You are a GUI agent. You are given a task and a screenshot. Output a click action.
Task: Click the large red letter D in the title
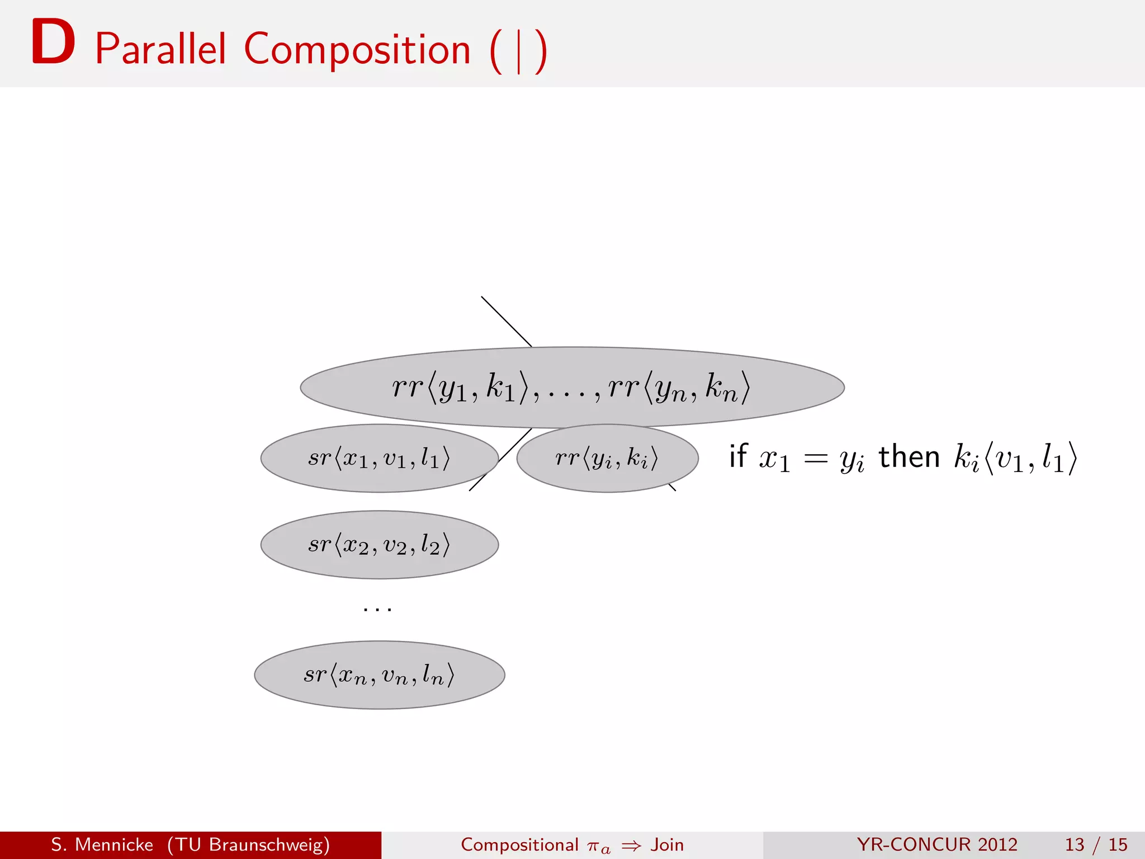pos(53,43)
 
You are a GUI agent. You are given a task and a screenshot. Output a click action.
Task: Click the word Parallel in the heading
pos(160,49)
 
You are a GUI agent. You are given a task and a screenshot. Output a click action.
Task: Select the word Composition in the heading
pos(357,49)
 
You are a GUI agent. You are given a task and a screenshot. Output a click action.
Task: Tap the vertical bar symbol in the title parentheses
pos(519,51)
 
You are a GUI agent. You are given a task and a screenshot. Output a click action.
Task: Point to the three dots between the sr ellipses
pos(377,609)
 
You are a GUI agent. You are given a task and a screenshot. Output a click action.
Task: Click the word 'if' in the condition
pos(738,456)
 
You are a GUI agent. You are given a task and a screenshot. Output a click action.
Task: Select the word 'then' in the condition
pos(909,456)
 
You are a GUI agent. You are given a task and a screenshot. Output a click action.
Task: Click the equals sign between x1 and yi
pos(815,459)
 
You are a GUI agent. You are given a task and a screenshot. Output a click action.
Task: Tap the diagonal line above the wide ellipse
pos(506,322)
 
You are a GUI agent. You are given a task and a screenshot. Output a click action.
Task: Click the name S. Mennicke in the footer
pos(102,844)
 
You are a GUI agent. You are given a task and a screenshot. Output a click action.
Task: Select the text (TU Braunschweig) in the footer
pos(248,844)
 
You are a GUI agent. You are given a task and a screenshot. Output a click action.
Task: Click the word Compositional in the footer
pos(519,844)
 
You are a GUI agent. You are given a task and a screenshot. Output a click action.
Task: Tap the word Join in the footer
pos(667,844)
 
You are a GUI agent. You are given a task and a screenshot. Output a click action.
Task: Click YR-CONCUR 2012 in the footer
pos(937,844)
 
